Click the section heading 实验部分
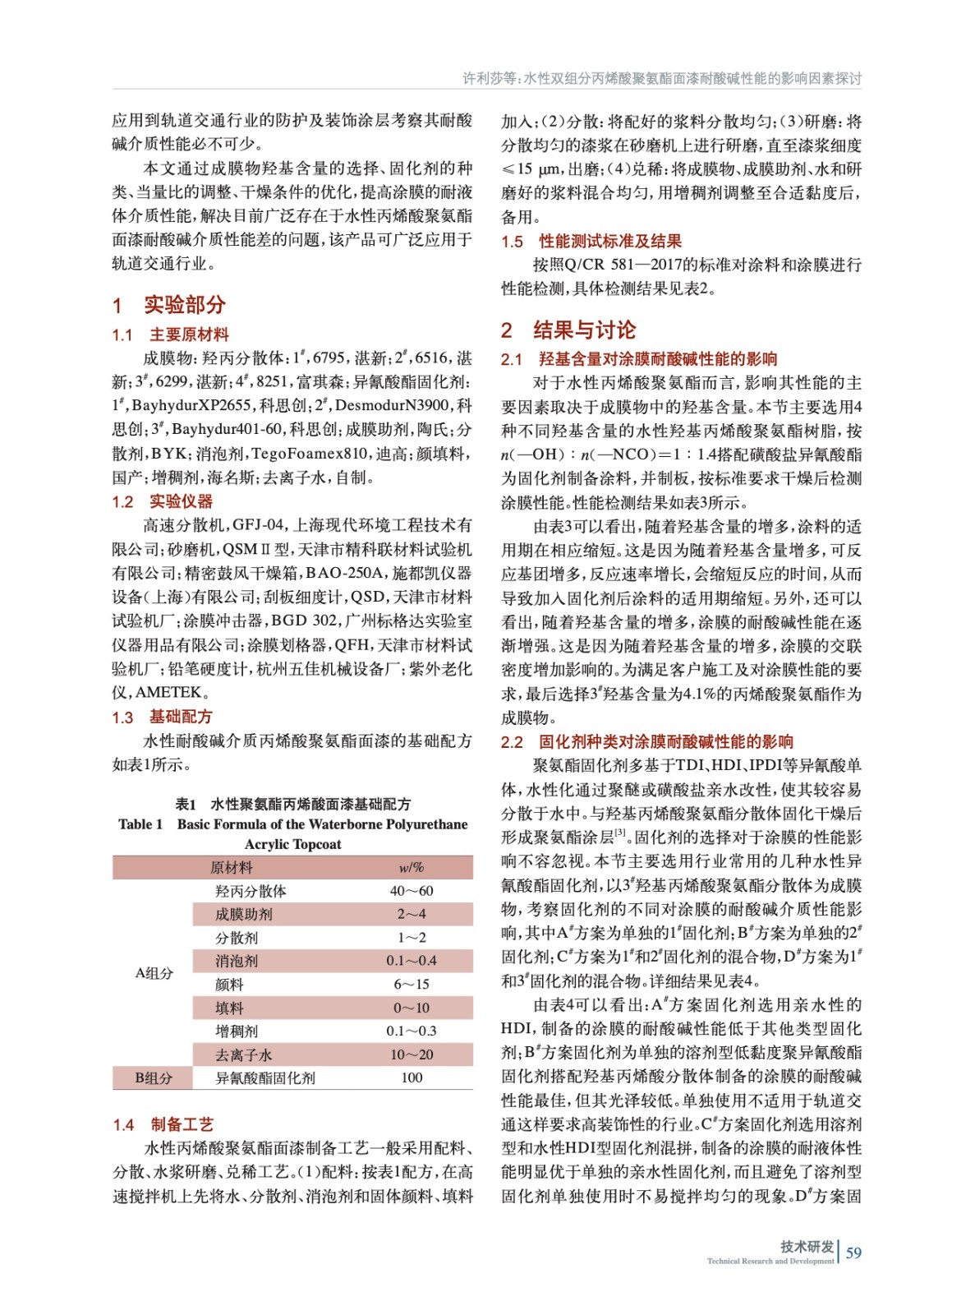(x=184, y=305)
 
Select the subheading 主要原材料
(x=189, y=335)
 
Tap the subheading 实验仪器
(x=181, y=501)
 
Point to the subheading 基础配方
(x=181, y=717)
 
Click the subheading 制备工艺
(x=182, y=1124)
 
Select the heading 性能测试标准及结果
(x=609, y=241)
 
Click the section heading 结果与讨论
(x=584, y=330)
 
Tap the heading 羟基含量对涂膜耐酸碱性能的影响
(x=657, y=358)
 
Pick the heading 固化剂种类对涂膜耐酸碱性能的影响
(x=665, y=741)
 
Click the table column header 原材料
(x=232, y=867)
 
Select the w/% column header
(x=412, y=867)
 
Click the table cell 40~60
(x=412, y=891)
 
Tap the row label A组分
(x=154, y=973)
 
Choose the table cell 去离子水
(x=243, y=1054)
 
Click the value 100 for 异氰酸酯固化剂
(x=412, y=1077)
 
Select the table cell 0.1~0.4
(x=412, y=961)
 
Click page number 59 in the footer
(x=853, y=1253)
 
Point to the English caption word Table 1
(x=140, y=824)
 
